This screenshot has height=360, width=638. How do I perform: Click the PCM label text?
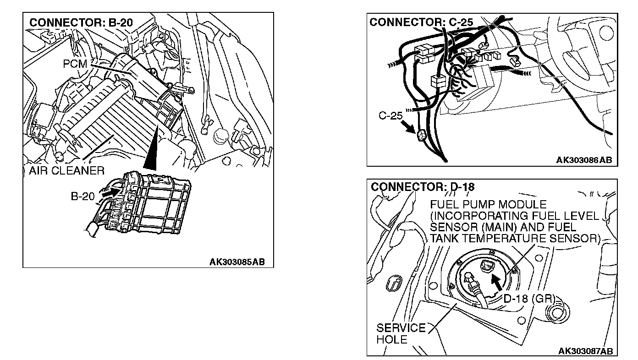point(75,64)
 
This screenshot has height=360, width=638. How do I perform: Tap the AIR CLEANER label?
point(67,171)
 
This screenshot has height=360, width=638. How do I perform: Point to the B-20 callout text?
point(82,196)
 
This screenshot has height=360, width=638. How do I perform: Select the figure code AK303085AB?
point(237,262)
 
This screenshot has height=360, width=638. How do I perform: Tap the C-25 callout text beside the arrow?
point(390,116)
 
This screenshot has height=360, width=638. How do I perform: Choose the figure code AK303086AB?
point(584,160)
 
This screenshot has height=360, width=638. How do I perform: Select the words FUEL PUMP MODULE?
point(488,204)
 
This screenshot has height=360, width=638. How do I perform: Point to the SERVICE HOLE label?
point(395,333)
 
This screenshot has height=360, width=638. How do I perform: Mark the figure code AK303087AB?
point(585,351)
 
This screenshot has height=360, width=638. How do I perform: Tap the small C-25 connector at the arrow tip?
point(421,136)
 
